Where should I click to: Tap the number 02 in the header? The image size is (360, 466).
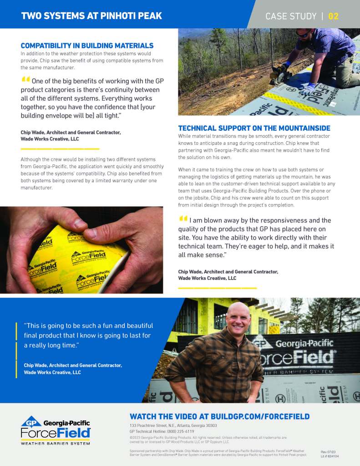pyautogui.click(x=333, y=16)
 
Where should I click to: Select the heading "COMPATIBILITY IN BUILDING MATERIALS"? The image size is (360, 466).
pyautogui.click(x=87, y=46)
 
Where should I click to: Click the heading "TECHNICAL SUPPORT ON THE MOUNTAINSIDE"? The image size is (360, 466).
pyautogui.click(x=254, y=128)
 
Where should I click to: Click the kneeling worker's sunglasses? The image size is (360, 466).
pyautogui.click(x=303, y=33)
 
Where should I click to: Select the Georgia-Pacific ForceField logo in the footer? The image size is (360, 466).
pyautogui.click(x=56, y=430)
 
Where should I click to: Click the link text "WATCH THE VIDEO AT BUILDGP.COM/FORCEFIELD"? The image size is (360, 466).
pyautogui.click(x=219, y=416)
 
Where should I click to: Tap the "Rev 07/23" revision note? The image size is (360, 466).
pyautogui.click(x=328, y=451)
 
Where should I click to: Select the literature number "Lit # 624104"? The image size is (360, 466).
pyautogui.click(x=330, y=456)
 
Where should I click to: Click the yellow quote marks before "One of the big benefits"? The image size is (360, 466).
pyautogui.click(x=25, y=79)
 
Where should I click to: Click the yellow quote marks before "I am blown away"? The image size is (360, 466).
pyautogui.click(x=183, y=219)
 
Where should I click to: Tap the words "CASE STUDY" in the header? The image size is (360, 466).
pyautogui.click(x=291, y=16)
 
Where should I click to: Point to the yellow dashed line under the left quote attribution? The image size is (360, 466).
pyautogui.click(x=60, y=149)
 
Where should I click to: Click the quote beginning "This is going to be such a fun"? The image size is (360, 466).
pyautogui.click(x=88, y=336)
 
